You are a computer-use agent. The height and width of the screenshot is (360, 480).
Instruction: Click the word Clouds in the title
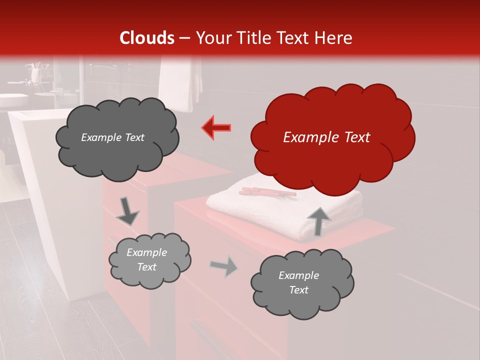click(x=147, y=38)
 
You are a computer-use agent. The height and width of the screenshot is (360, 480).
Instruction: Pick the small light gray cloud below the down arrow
click(x=149, y=259)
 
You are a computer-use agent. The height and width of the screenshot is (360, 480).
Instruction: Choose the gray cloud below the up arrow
click(x=301, y=283)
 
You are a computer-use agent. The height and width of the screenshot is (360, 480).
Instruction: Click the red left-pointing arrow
click(x=216, y=128)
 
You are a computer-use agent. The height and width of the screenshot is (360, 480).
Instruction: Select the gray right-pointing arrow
click(x=224, y=266)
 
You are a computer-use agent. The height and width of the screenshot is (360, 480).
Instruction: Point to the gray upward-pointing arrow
click(x=318, y=221)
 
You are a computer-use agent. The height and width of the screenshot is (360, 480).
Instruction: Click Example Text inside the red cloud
click(x=326, y=137)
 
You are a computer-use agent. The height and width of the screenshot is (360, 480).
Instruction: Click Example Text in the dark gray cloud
click(x=112, y=137)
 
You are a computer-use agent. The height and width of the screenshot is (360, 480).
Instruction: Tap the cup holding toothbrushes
click(x=34, y=74)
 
